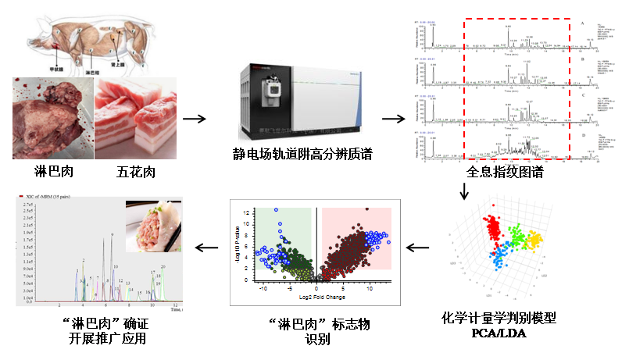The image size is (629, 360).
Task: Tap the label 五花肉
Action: coord(126,171)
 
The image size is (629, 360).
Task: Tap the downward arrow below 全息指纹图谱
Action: coord(464,191)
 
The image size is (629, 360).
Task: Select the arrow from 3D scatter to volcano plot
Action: coord(419,248)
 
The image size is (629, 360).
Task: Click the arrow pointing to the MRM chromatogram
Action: coord(206,248)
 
